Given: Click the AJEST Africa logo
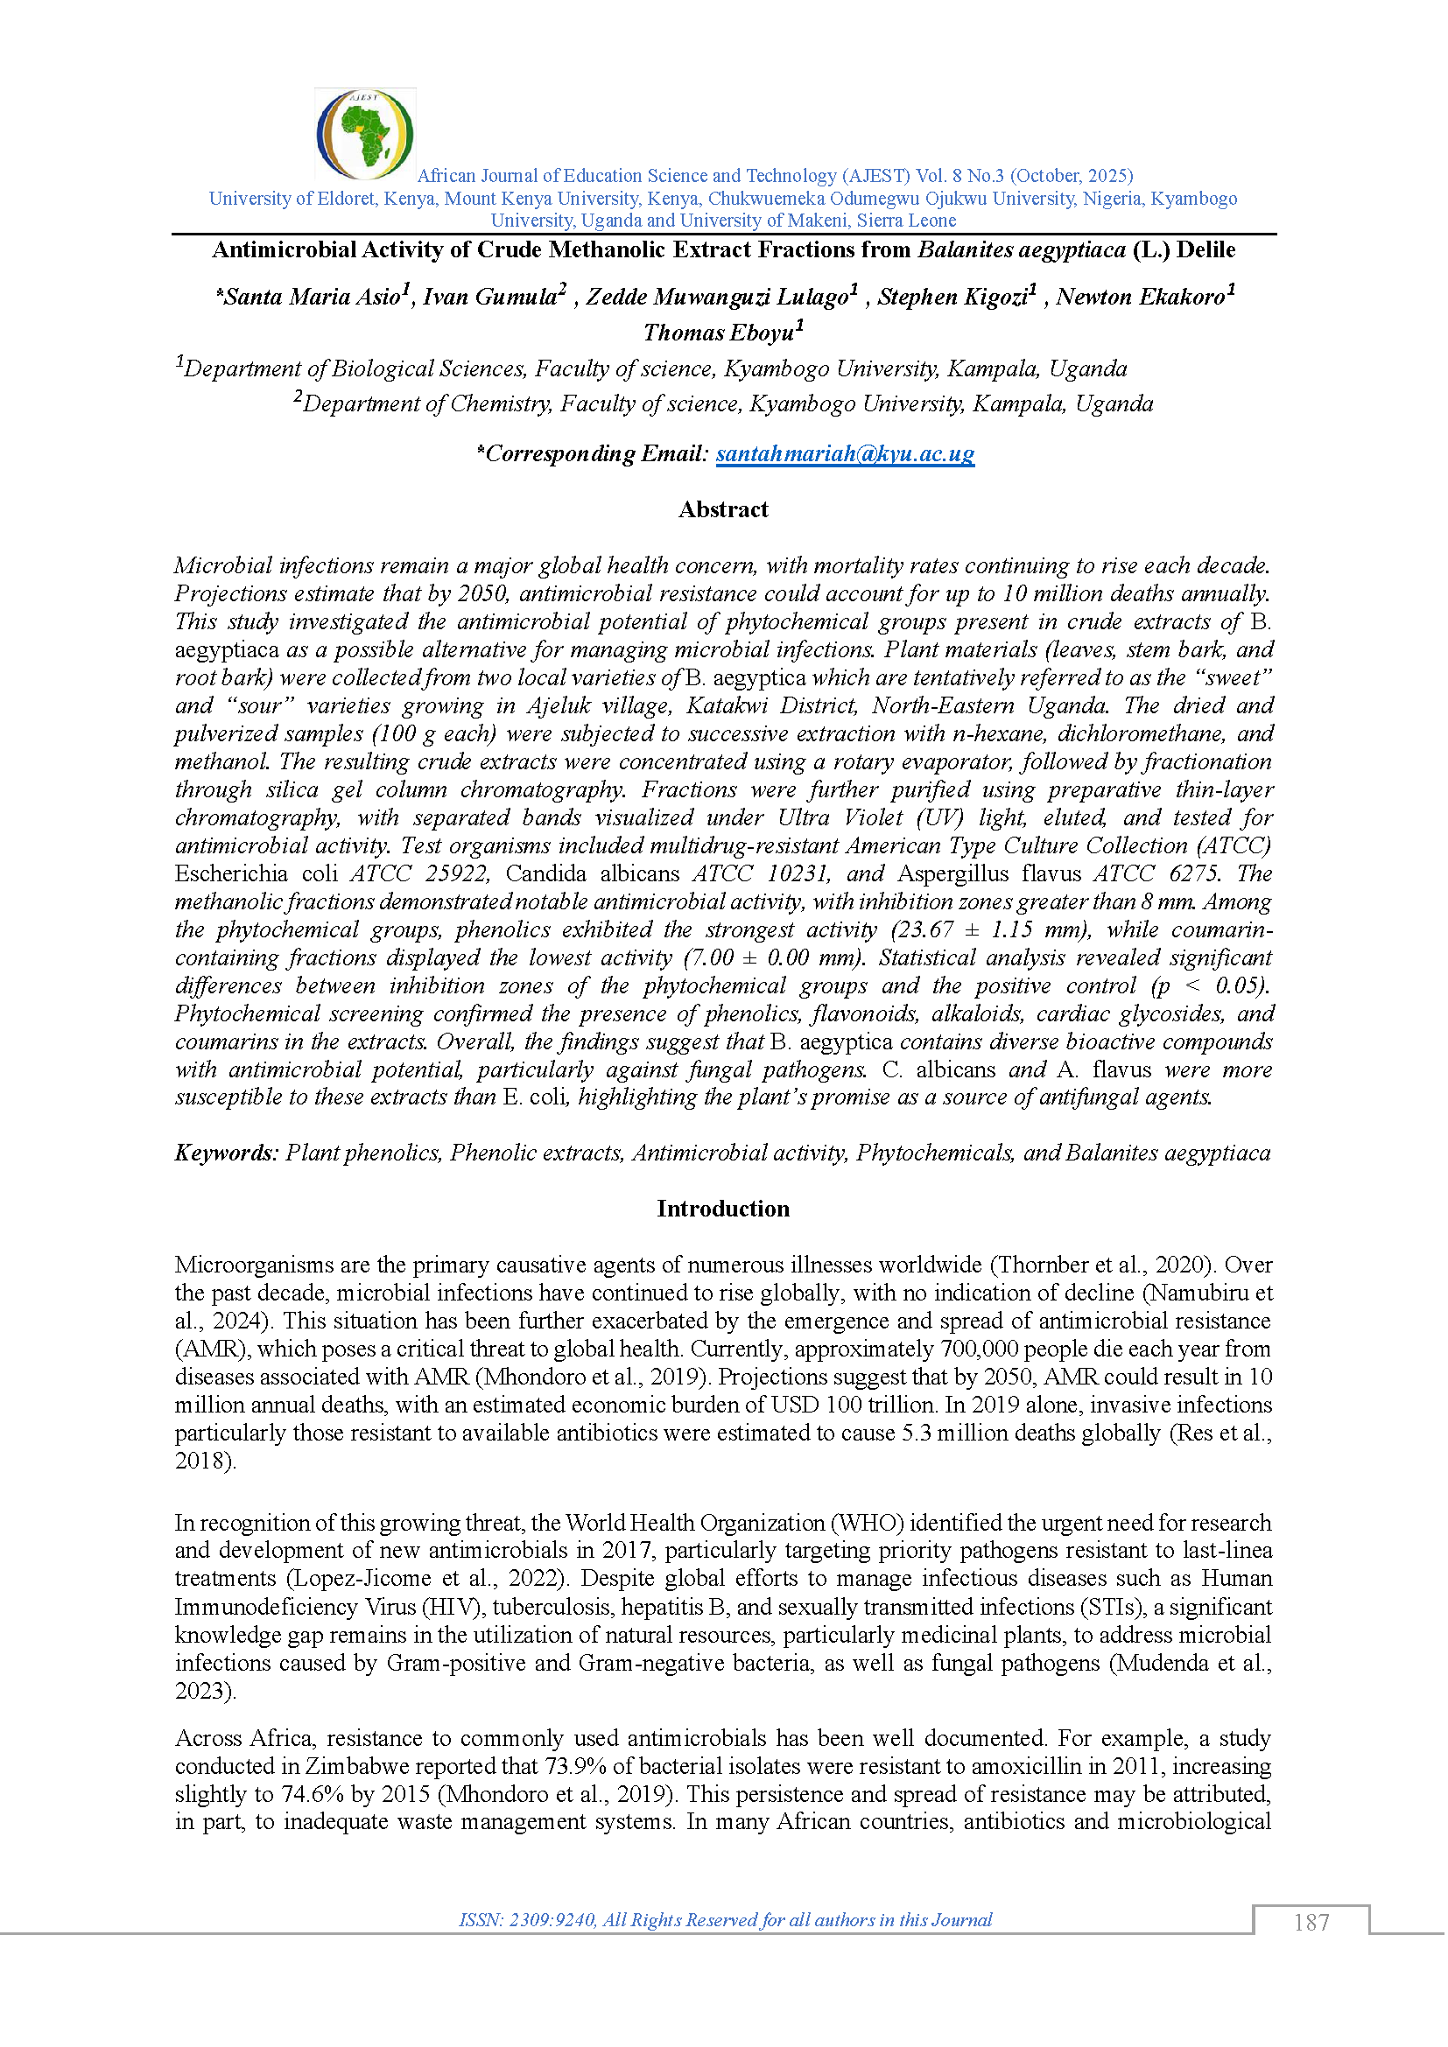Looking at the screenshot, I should pos(365,134).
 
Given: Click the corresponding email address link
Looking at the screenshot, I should pos(844,454).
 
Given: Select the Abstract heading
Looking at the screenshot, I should pos(723,509).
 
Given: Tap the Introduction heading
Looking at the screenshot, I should pos(723,1209).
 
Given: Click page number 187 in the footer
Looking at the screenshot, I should pos(1311,1923).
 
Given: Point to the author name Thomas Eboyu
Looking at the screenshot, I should pos(719,333).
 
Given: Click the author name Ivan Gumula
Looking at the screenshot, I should pos(489,297).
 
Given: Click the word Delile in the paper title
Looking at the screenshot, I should pos(1205,250).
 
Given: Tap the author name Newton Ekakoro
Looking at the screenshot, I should pos(1141,297).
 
